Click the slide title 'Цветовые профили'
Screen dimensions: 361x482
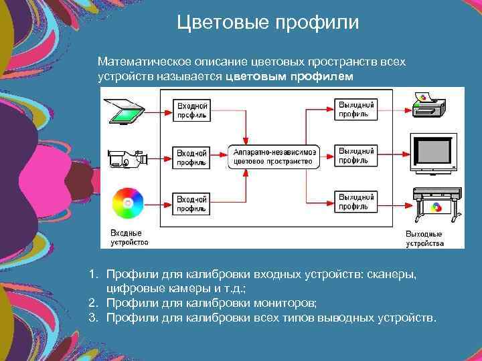pos(268,23)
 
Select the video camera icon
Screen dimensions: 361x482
pos(127,158)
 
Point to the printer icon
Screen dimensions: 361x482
pos(428,107)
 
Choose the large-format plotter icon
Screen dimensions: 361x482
pos(434,205)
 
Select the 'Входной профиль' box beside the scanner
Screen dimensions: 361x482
pos(191,110)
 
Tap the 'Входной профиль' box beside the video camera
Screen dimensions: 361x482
pos(191,157)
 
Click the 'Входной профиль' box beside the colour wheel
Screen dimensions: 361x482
pos(191,204)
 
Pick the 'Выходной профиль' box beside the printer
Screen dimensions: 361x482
pos(355,109)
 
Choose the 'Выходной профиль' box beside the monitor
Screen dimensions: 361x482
pos(355,156)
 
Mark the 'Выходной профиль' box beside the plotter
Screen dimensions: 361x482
pos(355,202)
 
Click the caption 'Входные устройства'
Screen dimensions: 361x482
pos(129,237)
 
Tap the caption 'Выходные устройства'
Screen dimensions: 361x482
pos(424,238)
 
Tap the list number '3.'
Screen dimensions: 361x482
pos(94,316)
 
